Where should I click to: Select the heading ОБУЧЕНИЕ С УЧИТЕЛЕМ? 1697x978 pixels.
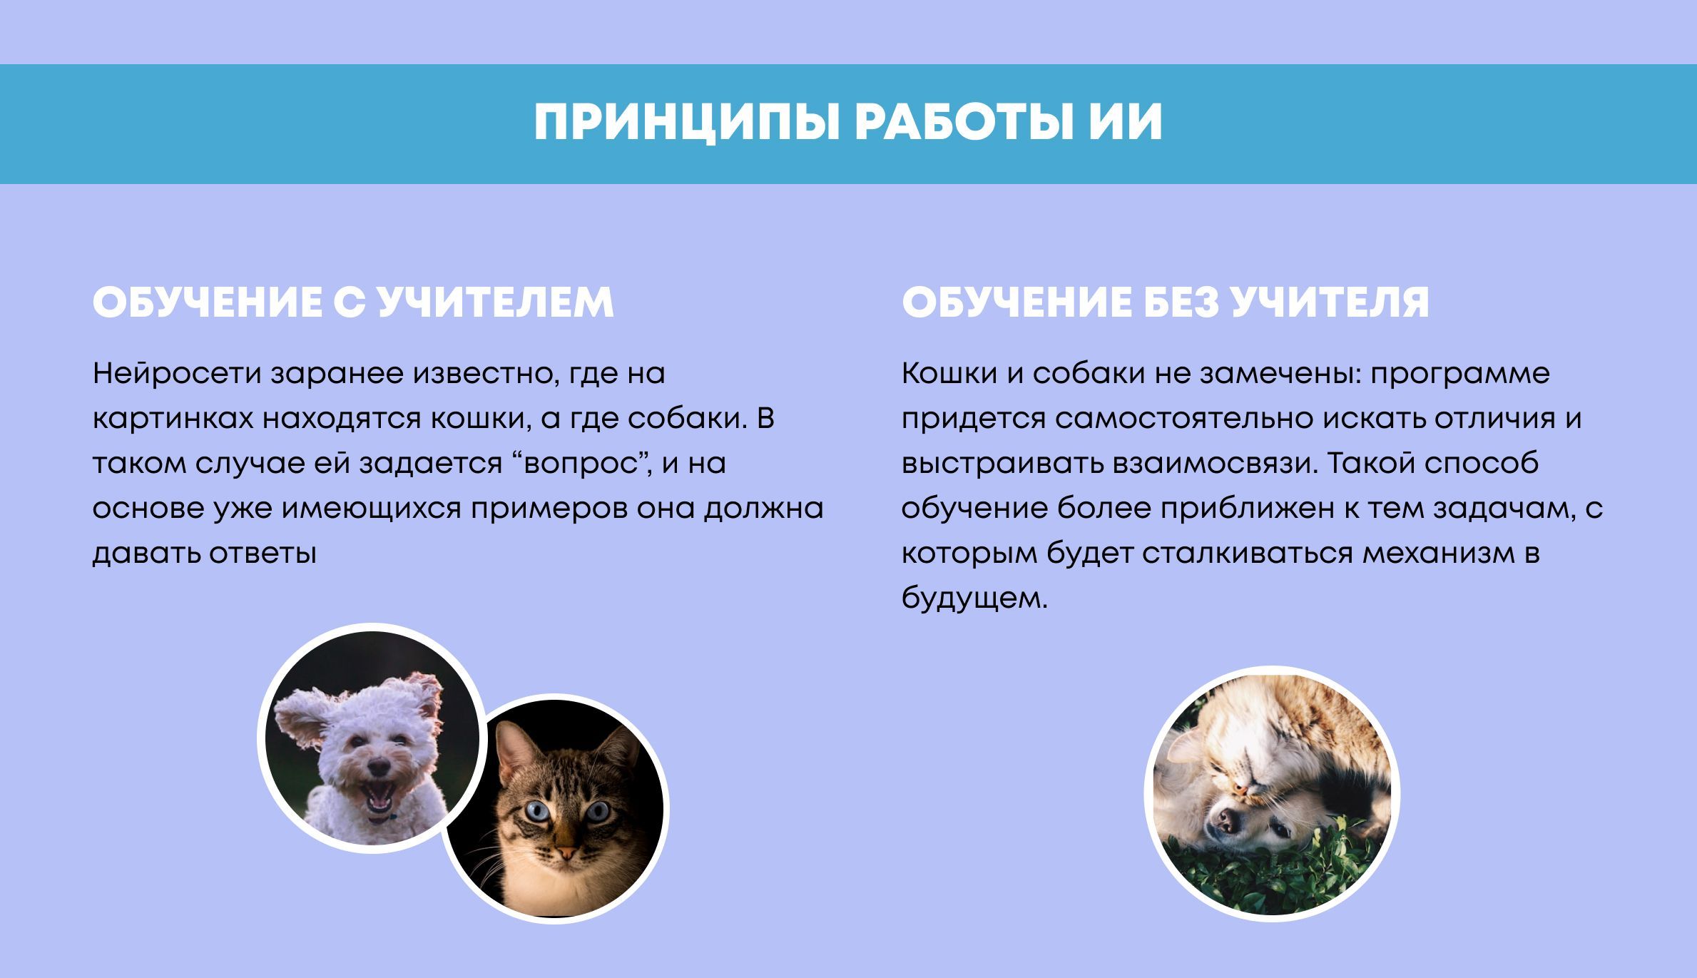353,302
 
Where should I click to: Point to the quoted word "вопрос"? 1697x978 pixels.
579,464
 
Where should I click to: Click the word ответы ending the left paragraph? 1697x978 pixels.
263,554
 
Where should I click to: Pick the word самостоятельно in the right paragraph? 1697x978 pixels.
1184,419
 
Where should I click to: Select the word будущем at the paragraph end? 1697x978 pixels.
974,598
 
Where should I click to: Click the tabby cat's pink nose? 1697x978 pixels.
566,852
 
